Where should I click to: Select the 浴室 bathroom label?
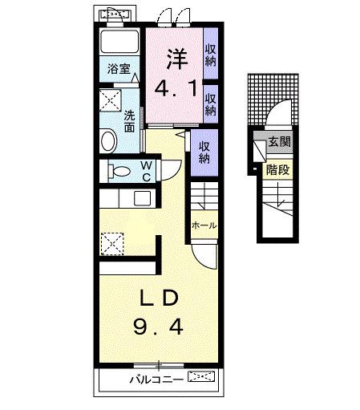pyautogui.click(x=119, y=70)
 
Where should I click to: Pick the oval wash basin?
pyautogui.click(x=109, y=141)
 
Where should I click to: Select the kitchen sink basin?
pyautogui.click(x=142, y=199)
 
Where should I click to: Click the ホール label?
pyautogui.click(x=203, y=226)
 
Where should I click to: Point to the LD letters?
pyautogui.click(x=159, y=298)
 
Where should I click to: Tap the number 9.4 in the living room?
pyautogui.click(x=159, y=327)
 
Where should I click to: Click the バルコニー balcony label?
pyautogui.click(x=155, y=377)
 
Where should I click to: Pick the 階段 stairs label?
pyautogui.click(x=277, y=169)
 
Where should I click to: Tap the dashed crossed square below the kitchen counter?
pyautogui.click(x=111, y=241)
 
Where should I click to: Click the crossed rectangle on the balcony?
pyautogui.click(x=202, y=376)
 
